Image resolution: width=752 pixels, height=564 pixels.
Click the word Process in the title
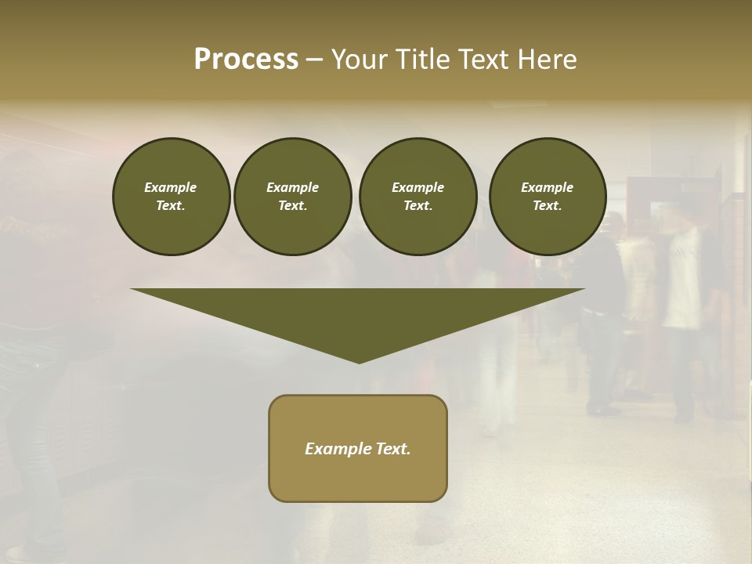(246, 60)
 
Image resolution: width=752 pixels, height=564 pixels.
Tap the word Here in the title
(547, 60)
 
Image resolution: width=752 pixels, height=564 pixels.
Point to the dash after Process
(314, 60)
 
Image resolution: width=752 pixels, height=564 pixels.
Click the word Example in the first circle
(171, 187)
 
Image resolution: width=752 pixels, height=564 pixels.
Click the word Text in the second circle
(292, 206)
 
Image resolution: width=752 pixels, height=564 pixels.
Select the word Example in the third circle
(418, 187)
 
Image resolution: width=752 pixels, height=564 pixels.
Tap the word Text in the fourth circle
(547, 206)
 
